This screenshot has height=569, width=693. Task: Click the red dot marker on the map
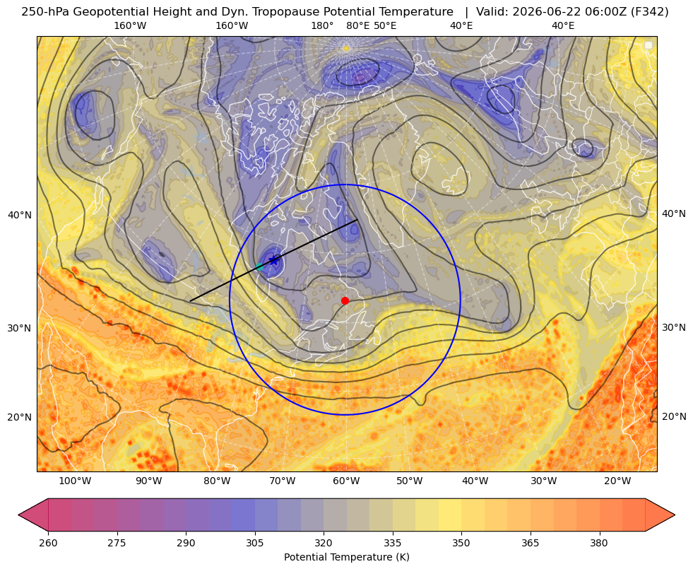[x=345, y=300]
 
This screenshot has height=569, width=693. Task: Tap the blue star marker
[x=274, y=260]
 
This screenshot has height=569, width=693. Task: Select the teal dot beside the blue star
[x=260, y=266]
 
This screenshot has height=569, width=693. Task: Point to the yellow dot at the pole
[x=346, y=48]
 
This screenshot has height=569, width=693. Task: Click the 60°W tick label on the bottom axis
[x=346, y=481]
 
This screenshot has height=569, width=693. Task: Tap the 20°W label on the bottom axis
[x=617, y=481]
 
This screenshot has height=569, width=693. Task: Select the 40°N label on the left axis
[x=20, y=216]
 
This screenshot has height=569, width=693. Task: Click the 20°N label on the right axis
[x=674, y=416]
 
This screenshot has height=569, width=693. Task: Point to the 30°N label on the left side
[x=20, y=328]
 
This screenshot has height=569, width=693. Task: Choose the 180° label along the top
[x=322, y=25]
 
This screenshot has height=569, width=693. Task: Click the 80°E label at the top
[x=358, y=25]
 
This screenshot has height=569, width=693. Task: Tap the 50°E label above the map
[x=385, y=25]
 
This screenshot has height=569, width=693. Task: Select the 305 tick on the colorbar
[x=255, y=543]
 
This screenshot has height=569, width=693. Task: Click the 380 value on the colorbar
[x=599, y=543]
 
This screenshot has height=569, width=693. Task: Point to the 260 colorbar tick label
[x=48, y=543]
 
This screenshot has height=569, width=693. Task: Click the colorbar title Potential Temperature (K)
[x=346, y=557]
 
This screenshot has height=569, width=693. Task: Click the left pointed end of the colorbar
[x=19, y=515]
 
